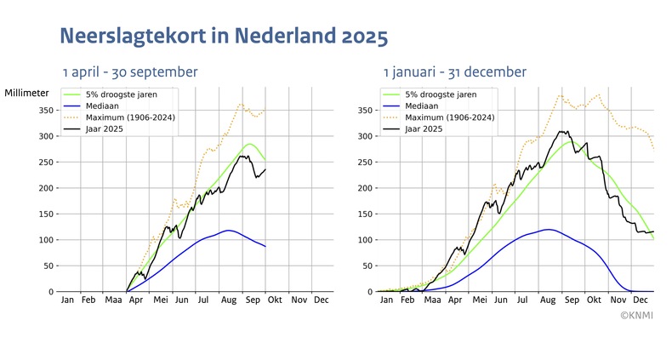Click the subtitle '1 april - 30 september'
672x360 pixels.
pos(129,72)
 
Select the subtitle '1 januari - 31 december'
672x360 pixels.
pos(454,72)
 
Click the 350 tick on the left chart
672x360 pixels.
pos(43,111)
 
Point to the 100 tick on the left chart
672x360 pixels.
pos(43,240)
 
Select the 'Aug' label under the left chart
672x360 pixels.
pos(228,300)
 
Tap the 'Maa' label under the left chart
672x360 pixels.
pos(113,300)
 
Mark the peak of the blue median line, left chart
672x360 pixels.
pos(228,231)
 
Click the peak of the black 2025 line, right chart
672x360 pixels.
pos(561,131)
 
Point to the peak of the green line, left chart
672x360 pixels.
pos(249,144)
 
